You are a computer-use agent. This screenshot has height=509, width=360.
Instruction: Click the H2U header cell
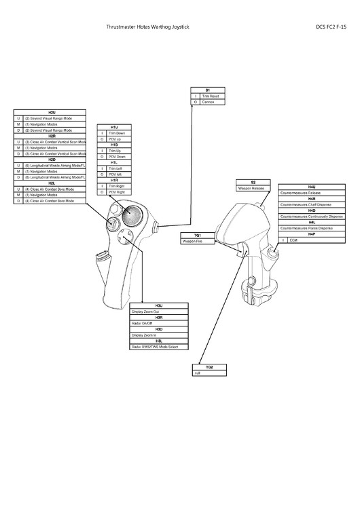51,111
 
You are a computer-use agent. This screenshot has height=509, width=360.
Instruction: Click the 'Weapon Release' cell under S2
253,188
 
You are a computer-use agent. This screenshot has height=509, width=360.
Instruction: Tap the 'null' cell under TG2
209,373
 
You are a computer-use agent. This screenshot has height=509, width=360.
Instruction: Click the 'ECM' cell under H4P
314,240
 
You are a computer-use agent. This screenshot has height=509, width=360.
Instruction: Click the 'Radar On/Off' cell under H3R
159,324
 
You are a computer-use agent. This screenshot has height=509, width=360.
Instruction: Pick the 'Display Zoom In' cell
159,335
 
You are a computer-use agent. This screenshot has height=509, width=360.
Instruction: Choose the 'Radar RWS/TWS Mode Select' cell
159,347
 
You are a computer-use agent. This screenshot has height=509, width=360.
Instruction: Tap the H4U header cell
311,185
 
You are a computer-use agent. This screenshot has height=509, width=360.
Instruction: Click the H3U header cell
159,305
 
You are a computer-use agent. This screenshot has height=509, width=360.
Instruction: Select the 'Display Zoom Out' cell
159,312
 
